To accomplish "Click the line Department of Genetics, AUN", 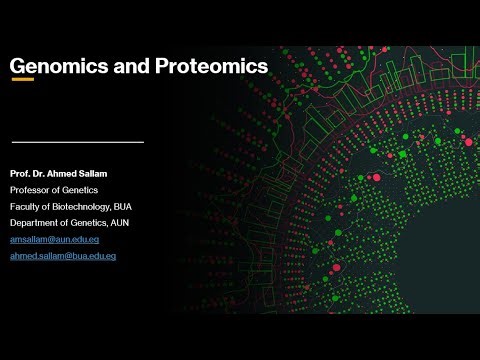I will (x=69, y=222).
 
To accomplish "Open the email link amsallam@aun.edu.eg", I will (x=54, y=240).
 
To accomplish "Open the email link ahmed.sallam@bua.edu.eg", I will (x=63, y=257).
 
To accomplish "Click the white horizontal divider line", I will (x=77, y=142).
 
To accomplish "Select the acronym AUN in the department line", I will (x=117, y=222).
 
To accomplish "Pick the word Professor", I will (x=30, y=190).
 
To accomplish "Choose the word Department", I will (x=33, y=222).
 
